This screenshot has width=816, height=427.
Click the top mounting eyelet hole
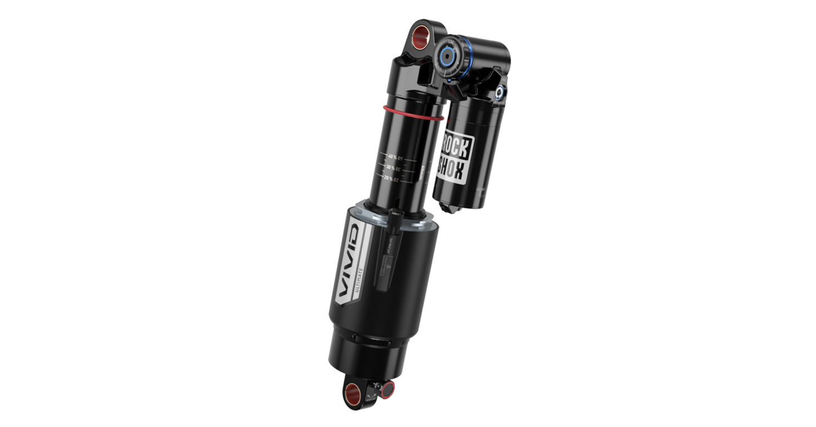tap(422, 34)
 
